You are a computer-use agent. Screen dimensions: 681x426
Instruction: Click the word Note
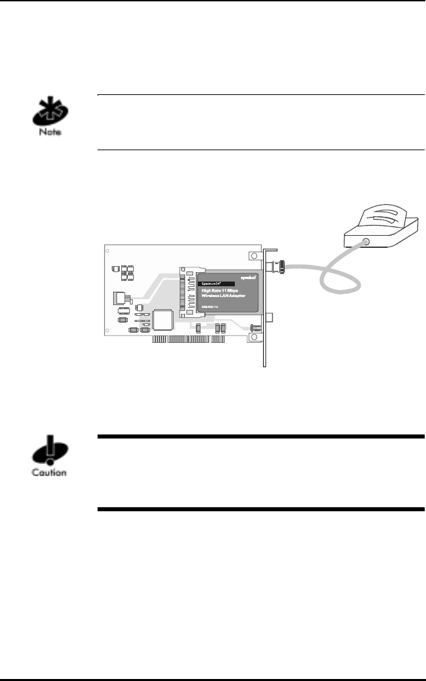[49, 133]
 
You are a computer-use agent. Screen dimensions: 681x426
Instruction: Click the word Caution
[49, 472]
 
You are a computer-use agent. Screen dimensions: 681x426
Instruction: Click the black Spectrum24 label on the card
[215, 284]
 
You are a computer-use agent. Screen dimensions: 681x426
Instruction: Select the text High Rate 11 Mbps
[223, 291]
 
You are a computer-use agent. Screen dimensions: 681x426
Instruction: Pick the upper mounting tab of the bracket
[253, 257]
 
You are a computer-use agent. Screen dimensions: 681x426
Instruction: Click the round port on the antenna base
[365, 241]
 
